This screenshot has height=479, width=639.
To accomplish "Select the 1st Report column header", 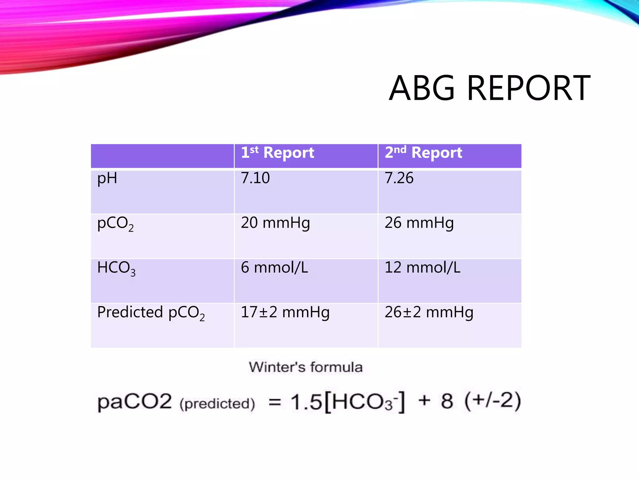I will (277, 153).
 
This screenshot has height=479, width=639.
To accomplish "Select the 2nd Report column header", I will (423, 153).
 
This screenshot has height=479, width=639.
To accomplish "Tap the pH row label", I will (107, 179).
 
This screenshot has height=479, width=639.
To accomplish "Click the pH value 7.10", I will (255, 178).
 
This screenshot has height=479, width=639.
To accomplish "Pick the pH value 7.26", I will (399, 178).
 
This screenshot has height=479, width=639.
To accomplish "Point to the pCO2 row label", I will (115, 224).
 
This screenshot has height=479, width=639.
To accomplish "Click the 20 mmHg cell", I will (275, 223).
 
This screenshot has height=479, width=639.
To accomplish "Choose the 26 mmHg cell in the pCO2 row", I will (419, 223).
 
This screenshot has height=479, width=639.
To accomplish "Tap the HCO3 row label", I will (116, 268).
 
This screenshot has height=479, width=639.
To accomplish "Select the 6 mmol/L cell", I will (274, 268).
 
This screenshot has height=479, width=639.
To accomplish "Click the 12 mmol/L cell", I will (422, 268).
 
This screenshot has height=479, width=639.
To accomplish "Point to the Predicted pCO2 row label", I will (151, 313).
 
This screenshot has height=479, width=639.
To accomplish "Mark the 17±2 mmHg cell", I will (285, 312).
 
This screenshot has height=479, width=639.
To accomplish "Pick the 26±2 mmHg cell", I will (429, 312).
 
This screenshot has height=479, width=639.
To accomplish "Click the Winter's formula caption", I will (306, 367).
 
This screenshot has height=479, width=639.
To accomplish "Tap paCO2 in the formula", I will (134, 402).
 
